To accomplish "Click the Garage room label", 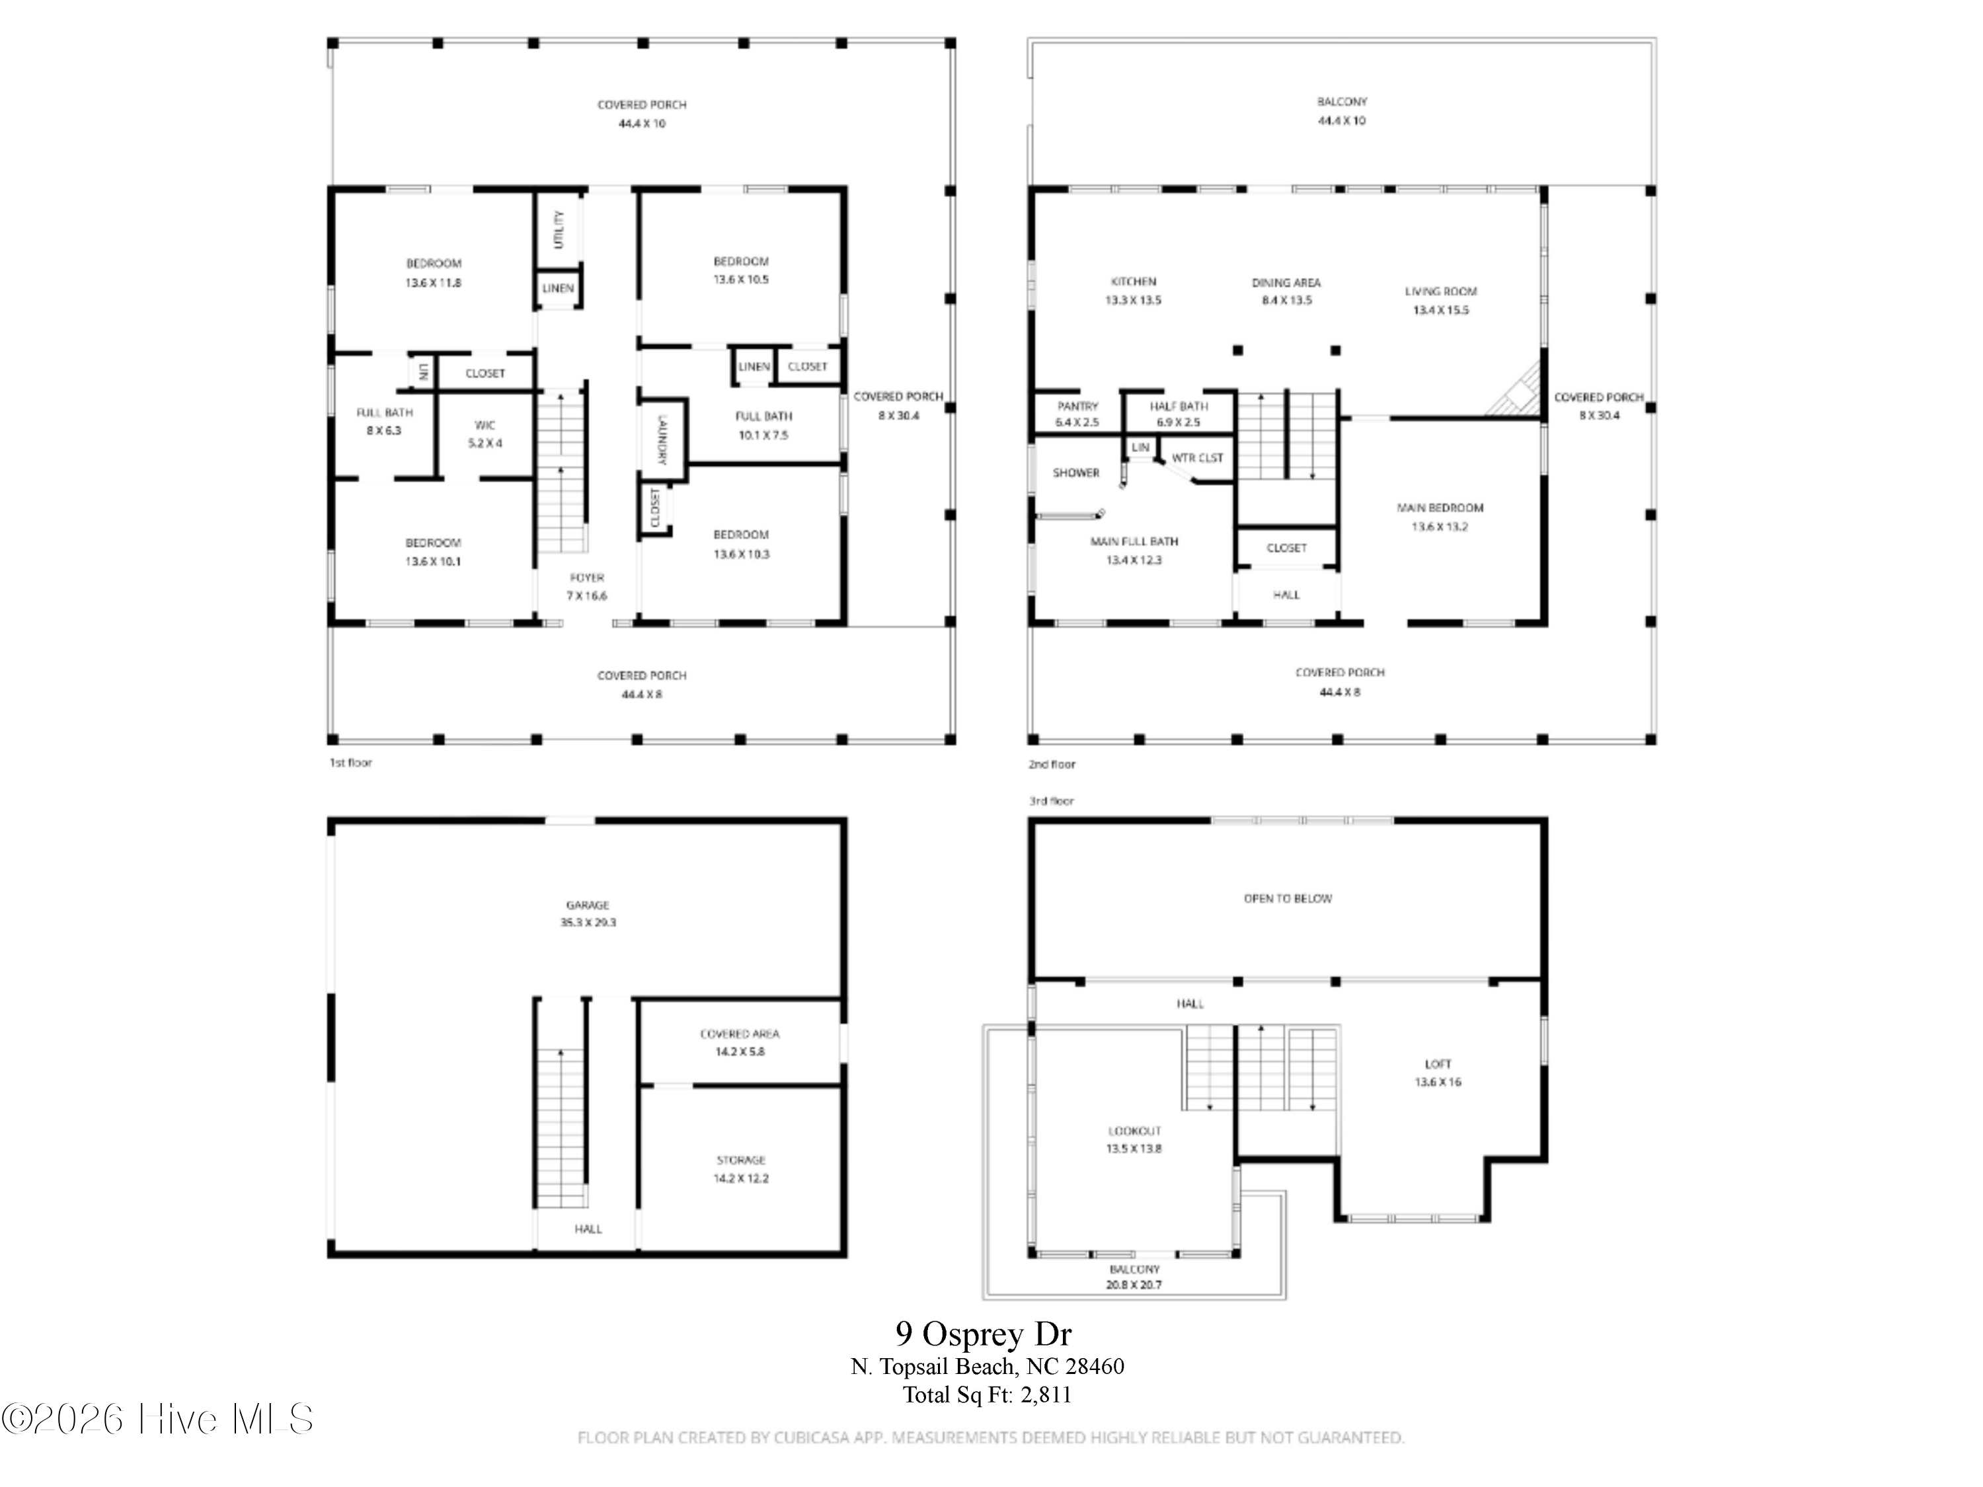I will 587,905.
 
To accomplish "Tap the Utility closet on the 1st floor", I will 559,229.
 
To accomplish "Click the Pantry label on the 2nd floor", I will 1077,406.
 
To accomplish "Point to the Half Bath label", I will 1178,406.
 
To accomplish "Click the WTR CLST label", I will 1197,458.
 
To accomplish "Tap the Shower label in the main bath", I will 1075,473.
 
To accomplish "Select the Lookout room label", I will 1134,1131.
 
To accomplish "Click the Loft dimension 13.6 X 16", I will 1437,1082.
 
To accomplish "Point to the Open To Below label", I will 1288,898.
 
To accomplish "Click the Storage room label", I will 740,1160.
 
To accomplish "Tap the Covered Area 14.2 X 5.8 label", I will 740,1042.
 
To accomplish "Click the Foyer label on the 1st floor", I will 586,578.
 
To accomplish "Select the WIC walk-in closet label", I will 485,425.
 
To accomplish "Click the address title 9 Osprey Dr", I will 984,1334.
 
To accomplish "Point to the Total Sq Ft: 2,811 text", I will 986,1394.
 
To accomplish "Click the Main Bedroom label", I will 1440,508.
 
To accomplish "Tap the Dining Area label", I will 1286,282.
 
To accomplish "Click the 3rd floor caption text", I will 1051,800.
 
